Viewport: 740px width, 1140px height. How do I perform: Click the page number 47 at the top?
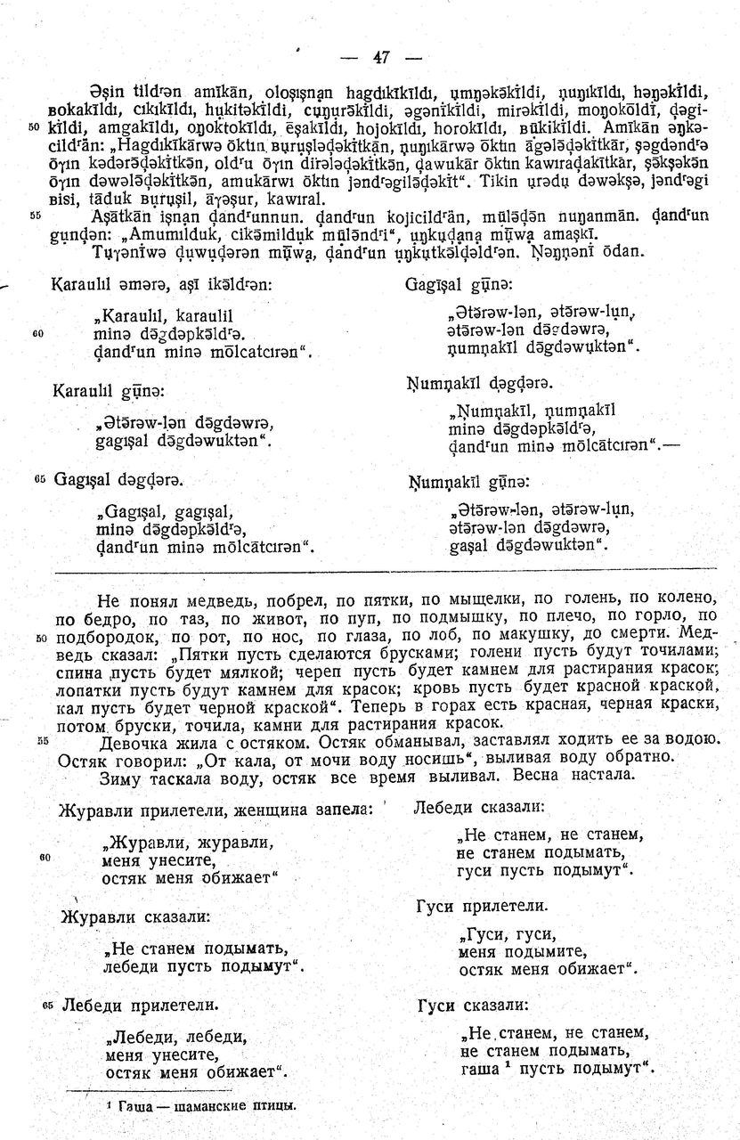click(382, 57)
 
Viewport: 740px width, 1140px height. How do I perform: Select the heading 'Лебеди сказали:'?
click(478, 808)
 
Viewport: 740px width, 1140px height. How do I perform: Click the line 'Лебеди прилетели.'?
click(140, 1006)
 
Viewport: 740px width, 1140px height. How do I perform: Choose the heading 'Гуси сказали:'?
click(472, 1006)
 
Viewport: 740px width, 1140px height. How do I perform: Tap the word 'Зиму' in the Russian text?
click(124, 777)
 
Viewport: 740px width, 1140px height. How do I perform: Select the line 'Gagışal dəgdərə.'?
click(121, 480)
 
